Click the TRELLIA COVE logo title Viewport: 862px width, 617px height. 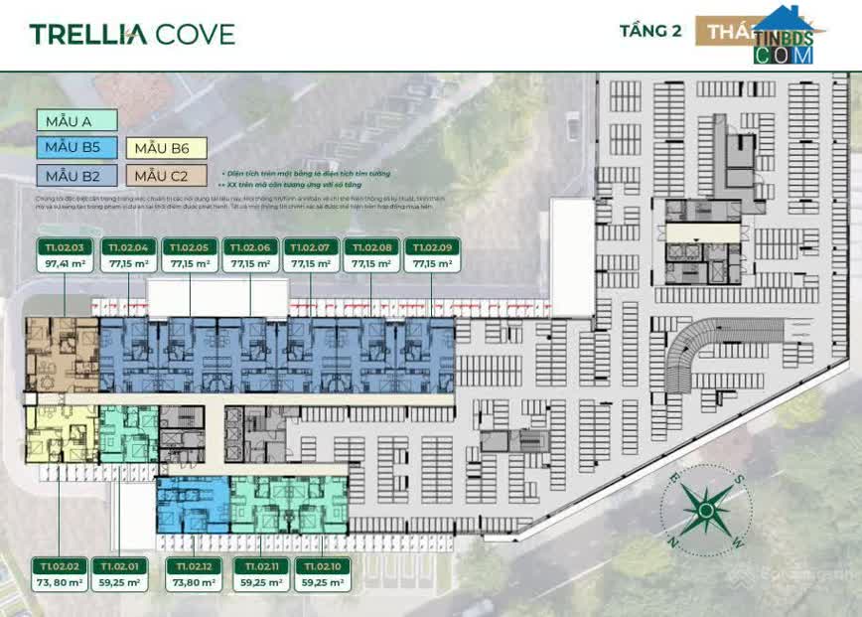point(132,34)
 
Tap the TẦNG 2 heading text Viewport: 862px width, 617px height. point(650,30)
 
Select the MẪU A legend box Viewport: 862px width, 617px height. point(77,121)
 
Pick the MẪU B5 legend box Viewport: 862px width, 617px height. point(77,148)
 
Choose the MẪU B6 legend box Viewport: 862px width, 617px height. point(166,148)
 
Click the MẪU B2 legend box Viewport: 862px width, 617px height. point(77,176)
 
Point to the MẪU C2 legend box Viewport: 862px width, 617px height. point(166,176)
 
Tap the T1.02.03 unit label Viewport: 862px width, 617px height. point(64,246)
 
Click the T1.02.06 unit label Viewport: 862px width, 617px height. point(249,246)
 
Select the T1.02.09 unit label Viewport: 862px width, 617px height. point(432,246)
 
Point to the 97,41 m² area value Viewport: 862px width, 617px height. point(64,264)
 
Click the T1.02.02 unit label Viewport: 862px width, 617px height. point(58,565)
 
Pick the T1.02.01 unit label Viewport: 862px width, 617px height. point(119,565)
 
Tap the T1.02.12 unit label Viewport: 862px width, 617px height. point(194,565)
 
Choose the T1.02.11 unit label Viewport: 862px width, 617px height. point(255,565)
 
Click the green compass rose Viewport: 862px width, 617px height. point(704,510)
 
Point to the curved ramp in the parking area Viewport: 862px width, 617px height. point(695,348)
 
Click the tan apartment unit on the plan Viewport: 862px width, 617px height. point(62,355)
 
